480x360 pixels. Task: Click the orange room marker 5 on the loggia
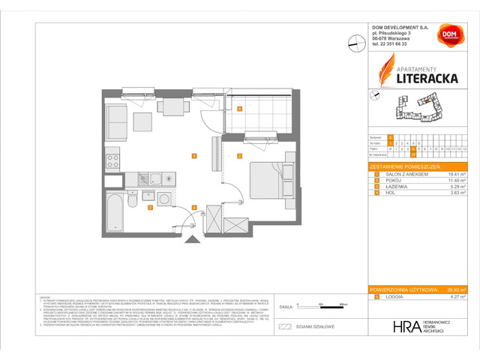(x=238, y=109)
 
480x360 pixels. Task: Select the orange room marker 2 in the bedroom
(x=238, y=156)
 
